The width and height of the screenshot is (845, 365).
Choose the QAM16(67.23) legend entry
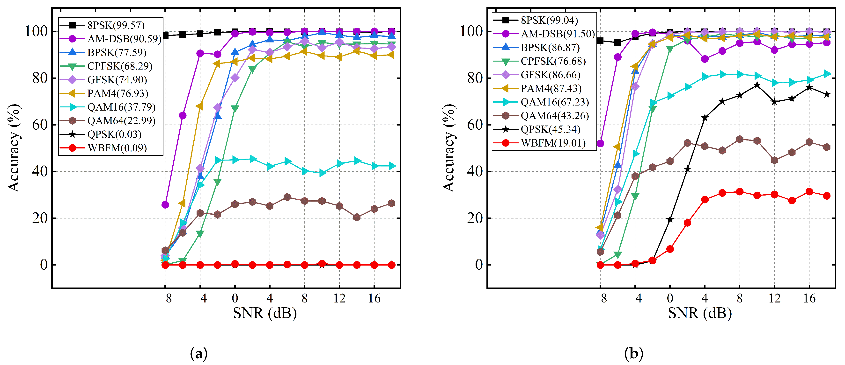[x=554, y=102]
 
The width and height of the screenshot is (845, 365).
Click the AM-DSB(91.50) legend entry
[x=558, y=34]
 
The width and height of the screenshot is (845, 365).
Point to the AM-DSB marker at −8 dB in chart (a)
[x=165, y=205]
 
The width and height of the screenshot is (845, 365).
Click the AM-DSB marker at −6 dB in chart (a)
[x=183, y=116]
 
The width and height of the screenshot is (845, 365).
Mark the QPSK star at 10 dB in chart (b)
[x=757, y=85]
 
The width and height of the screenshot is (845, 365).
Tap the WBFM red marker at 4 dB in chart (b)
[x=705, y=200]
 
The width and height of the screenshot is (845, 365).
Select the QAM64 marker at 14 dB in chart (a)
[x=357, y=217]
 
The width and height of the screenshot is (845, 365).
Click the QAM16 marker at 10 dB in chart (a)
[x=322, y=173]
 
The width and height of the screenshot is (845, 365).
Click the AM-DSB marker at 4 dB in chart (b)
[x=705, y=59]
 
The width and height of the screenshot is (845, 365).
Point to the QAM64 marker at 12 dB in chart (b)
[x=774, y=160]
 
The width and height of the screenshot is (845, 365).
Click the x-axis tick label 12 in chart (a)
[x=339, y=298]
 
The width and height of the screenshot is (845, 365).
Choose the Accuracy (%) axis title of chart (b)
[x=448, y=148]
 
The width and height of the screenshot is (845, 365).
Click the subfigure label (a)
[x=198, y=353]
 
